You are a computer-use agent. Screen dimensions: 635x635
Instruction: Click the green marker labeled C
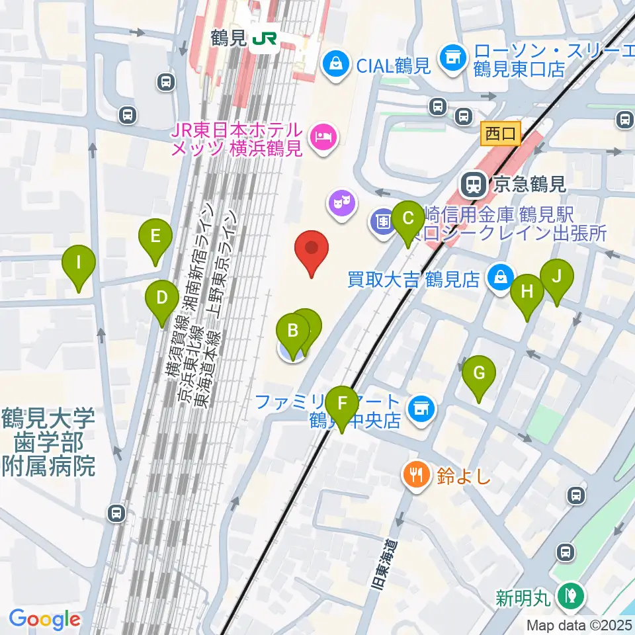(x=408, y=218)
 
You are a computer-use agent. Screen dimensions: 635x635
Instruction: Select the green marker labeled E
(x=155, y=236)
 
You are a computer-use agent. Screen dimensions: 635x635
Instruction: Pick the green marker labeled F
(x=342, y=403)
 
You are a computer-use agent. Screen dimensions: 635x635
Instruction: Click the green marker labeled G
(x=480, y=373)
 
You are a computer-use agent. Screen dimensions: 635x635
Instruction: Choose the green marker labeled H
(x=527, y=292)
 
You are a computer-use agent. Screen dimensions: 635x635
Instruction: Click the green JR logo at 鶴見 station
(x=263, y=39)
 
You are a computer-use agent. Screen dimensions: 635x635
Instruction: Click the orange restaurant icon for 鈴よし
(x=415, y=475)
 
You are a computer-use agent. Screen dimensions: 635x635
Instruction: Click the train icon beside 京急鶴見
(x=474, y=184)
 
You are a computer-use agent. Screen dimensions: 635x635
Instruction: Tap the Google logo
(x=44, y=619)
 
